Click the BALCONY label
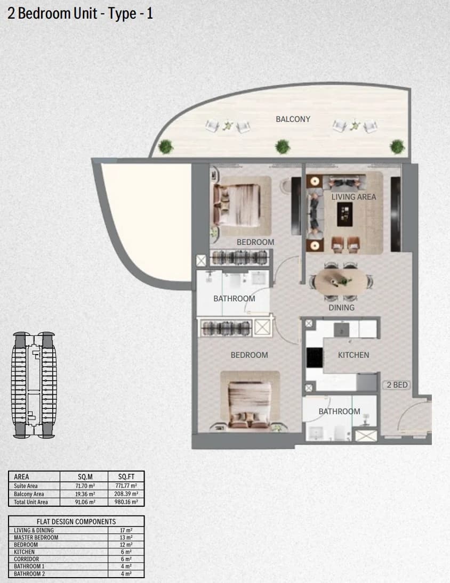[293, 119]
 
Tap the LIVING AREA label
[353, 196]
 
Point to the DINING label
[341, 308]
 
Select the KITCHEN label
[353, 355]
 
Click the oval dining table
[341, 282]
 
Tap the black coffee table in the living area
[344, 215]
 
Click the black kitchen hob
[315, 357]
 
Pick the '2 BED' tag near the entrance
[397, 385]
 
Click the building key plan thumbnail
[34, 384]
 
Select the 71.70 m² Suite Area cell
[85, 486]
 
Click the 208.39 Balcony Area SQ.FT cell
[126, 494]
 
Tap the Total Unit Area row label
[31, 502]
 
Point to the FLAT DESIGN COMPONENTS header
[76, 521]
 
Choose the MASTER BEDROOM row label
[36, 537]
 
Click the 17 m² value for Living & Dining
[126, 530]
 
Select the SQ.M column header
[85, 477]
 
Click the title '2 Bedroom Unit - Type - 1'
[80, 13]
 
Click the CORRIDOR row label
[27, 559]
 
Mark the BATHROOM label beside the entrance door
[339, 411]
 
